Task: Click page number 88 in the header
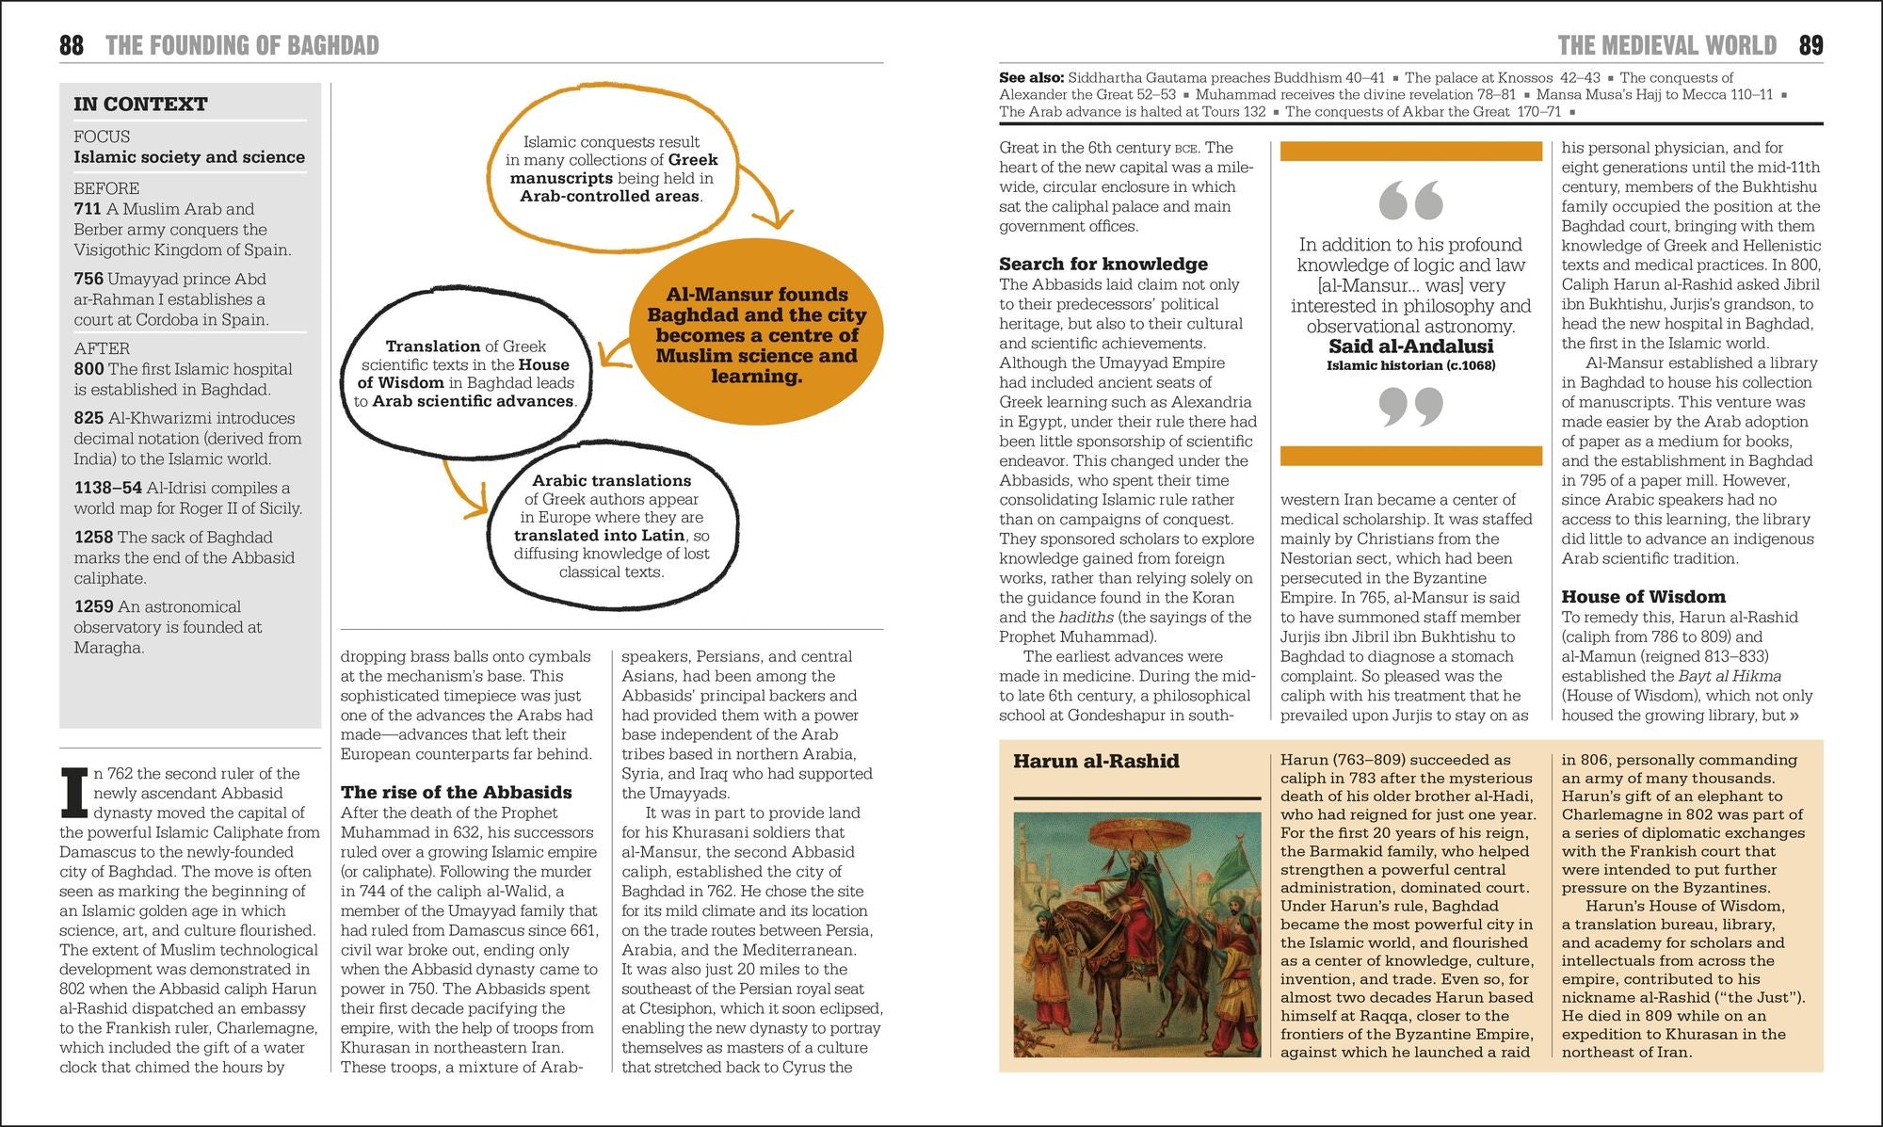[x=72, y=45]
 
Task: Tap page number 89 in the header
[x=1811, y=45]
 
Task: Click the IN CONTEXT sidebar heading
[x=140, y=105]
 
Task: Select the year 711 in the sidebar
[x=89, y=209]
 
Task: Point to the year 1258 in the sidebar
[x=93, y=538]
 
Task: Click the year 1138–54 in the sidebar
[x=107, y=488]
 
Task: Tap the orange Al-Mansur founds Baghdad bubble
[x=756, y=335]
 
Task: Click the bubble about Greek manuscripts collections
[x=611, y=169]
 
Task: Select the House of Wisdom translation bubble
[x=466, y=374]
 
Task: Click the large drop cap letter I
[x=73, y=792]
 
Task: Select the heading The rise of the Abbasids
[x=456, y=793]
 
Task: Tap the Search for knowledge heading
[x=1102, y=265]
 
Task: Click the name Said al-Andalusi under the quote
[x=1410, y=346]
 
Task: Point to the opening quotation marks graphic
[x=1410, y=201]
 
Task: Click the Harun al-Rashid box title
[x=1096, y=761]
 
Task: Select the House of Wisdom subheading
[x=1643, y=597]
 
